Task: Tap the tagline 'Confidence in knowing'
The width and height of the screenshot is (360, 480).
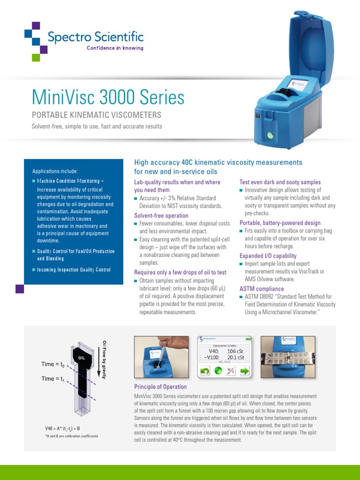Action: [115, 48]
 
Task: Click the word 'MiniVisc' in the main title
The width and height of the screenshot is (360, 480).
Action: [64, 97]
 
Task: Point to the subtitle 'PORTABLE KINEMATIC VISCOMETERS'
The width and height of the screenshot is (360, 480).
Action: [96, 115]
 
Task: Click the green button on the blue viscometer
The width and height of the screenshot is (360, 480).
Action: [270, 135]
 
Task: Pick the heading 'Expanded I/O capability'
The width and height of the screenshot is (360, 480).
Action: [268, 256]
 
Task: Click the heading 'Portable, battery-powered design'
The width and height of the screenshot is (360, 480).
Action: [280, 223]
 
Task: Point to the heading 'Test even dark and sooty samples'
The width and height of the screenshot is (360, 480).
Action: [280, 182]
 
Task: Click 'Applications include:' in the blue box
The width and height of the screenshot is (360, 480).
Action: [55, 171]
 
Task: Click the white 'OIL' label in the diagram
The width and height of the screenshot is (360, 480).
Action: [82, 358]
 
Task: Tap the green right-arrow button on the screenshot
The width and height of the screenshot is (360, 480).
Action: [245, 371]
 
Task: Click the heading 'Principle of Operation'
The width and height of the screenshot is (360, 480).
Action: [160, 387]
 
